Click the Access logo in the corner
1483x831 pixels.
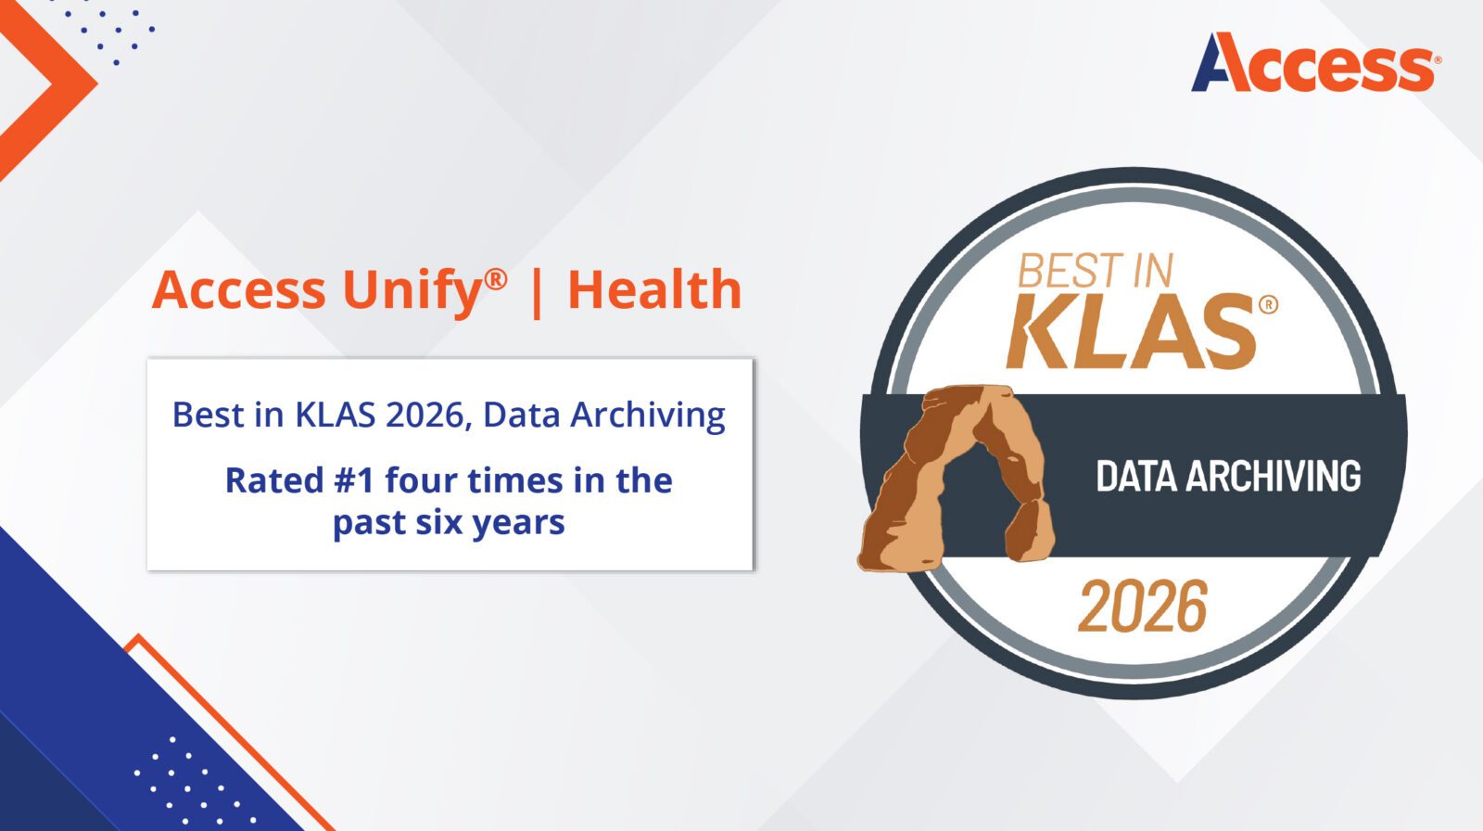(x=1315, y=63)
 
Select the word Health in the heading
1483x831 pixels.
(x=654, y=290)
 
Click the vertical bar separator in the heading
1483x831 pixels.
(x=537, y=291)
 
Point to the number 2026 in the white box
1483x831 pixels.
(x=428, y=415)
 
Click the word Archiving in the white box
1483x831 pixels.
(x=647, y=415)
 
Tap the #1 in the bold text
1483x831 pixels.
(x=353, y=480)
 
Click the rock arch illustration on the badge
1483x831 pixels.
(x=955, y=473)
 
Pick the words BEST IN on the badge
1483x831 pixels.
(x=1095, y=271)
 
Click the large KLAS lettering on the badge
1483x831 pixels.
(x=1131, y=331)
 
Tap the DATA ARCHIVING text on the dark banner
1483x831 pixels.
(x=1228, y=476)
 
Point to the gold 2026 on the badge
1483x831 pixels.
(x=1143, y=607)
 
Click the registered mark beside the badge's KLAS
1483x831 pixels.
(x=1268, y=304)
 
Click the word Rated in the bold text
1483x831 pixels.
(x=273, y=480)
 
